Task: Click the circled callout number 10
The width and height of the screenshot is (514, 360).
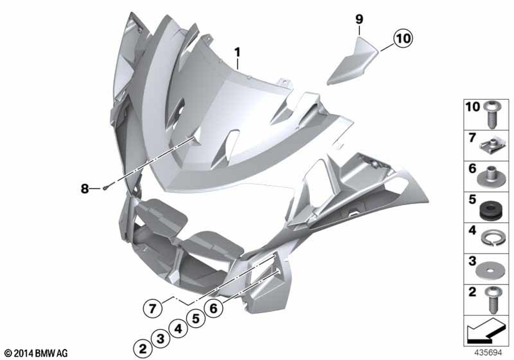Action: tap(403, 39)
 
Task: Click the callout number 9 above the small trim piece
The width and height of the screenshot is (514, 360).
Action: tap(359, 20)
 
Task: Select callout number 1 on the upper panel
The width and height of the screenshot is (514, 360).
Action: tap(237, 52)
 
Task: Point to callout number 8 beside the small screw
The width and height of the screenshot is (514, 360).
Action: tap(85, 189)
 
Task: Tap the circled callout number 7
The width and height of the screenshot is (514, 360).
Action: tap(152, 309)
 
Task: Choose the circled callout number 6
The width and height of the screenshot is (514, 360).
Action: tap(213, 308)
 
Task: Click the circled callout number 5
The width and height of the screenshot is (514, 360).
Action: tap(196, 318)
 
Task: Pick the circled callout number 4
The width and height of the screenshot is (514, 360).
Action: tap(178, 328)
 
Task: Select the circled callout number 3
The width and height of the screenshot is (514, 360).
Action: tap(160, 338)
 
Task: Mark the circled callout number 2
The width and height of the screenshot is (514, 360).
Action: tap(142, 349)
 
